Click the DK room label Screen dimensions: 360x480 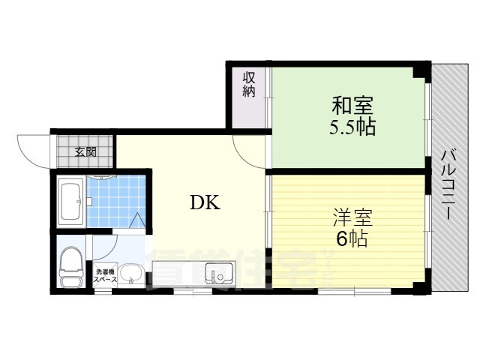tap(204, 202)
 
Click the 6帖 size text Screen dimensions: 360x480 tap(350, 240)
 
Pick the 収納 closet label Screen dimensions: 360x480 tap(249, 84)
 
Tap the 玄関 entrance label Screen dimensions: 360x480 tap(85, 151)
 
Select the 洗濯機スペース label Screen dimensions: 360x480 tap(105, 275)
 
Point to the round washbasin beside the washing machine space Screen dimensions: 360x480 tap(132, 274)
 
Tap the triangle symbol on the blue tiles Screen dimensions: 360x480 tap(139, 220)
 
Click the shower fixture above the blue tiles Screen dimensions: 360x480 tap(100, 178)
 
